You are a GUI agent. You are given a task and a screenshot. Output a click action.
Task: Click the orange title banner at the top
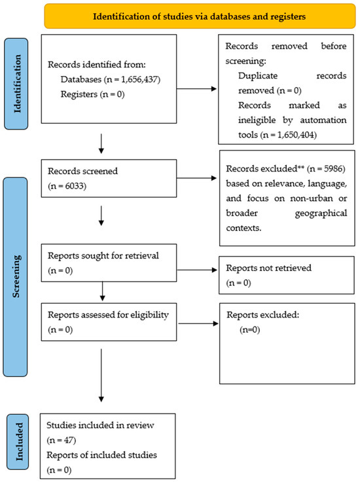point(200,16)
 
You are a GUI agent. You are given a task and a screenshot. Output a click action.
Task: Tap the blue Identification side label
point(16,84)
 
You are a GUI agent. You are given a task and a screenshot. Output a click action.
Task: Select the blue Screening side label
point(16,277)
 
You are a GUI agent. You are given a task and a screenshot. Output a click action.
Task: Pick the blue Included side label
point(18,442)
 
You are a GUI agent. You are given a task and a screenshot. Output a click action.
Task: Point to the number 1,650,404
point(296,135)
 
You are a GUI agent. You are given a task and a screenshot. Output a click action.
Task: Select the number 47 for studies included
point(68,440)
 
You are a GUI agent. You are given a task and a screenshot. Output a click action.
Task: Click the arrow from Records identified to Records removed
point(196,89)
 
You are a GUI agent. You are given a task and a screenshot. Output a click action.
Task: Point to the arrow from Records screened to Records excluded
point(196,178)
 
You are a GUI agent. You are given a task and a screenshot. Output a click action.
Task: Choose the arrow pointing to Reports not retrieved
point(197,270)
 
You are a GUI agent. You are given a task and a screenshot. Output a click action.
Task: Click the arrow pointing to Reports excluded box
point(198,323)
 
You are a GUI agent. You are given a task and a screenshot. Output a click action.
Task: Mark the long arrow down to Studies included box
point(101,375)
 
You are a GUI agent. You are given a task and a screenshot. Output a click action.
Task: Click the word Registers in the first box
point(79,94)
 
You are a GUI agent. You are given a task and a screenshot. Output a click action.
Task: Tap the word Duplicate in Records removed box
point(258,76)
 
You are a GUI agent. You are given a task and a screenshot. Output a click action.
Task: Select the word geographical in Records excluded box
point(321,213)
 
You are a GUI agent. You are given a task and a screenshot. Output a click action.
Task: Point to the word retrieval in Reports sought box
point(145,256)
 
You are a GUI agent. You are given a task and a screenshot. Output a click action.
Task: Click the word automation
point(323,120)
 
